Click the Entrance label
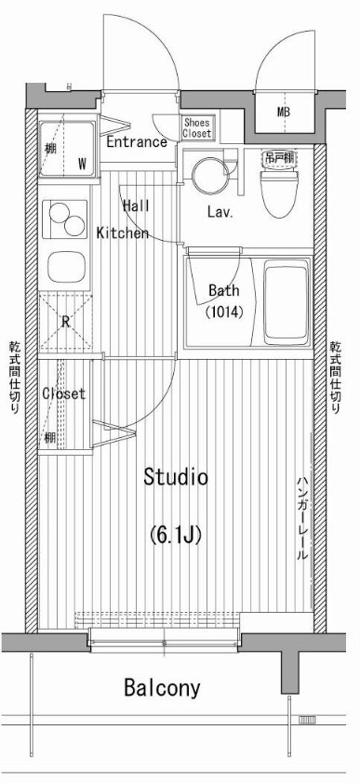pyautogui.click(x=136, y=142)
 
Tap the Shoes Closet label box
pyautogui.click(x=196, y=127)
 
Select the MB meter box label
pyautogui.click(x=283, y=113)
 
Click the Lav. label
pyautogui.click(x=220, y=212)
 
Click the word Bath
pyautogui.click(x=223, y=289)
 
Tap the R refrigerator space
pyautogui.click(x=66, y=322)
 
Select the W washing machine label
pyautogui.click(x=82, y=164)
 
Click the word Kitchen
pyautogui.click(x=122, y=233)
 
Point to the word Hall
pyautogui.click(x=136, y=206)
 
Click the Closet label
pyautogui.click(x=63, y=393)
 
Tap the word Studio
pyautogui.click(x=175, y=478)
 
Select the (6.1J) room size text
pyautogui.click(x=176, y=536)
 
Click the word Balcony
pyautogui.click(x=162, y=688)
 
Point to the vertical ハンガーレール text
pyautogui.click(x=302, y=517)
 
